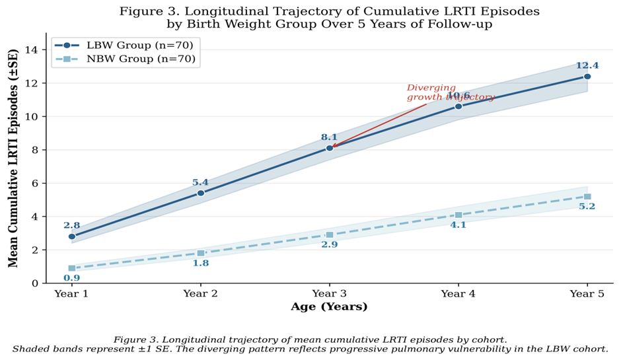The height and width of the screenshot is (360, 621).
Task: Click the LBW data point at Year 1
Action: (72, 236)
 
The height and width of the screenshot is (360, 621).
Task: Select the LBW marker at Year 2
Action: (201, 193)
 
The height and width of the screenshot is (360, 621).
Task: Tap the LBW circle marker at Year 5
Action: (587, 77)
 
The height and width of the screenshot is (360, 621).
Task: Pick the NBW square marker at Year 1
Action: (72, 268)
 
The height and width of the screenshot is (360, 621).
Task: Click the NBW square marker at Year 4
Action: (458, 215)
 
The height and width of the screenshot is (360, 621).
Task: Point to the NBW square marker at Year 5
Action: (587, 196)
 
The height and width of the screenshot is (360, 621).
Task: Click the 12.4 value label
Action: (587, 66)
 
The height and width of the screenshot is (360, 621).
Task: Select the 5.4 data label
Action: (200, 182)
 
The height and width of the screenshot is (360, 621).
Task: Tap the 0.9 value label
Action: (72, 278)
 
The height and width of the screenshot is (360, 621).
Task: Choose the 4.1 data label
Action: (458, 225)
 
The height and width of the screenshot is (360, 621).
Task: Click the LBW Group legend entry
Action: (124, 45)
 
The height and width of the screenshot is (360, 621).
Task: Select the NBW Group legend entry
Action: (125, 59)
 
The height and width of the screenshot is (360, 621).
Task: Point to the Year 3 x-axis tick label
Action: (330, 293)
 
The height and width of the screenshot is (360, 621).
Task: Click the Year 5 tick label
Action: (587, 293)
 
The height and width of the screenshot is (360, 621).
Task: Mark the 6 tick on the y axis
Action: (36, 184)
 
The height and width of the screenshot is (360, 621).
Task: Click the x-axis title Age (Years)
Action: (329, 306)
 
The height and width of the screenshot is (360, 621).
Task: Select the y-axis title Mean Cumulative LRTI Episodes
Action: (13, 159)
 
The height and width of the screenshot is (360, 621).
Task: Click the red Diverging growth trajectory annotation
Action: (451, 92)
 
